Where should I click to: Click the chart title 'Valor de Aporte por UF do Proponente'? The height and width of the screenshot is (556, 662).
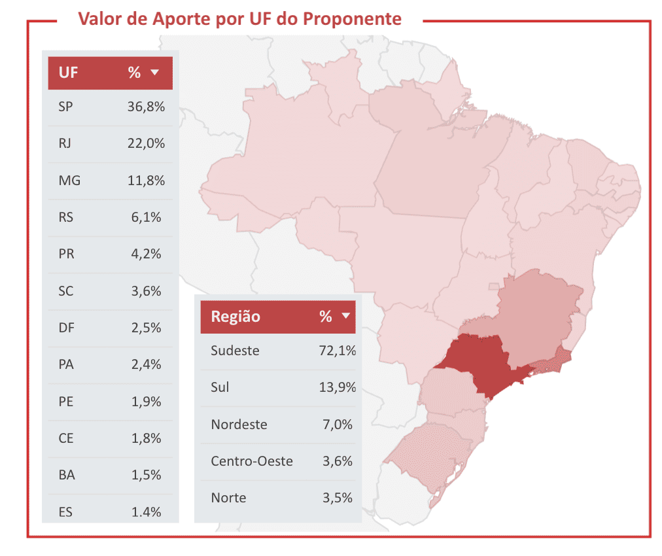click(240, 19)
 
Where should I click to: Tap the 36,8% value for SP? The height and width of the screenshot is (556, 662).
click(146, 107)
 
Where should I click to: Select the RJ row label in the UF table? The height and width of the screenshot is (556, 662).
click(65, 143)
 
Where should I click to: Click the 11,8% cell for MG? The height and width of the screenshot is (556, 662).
click(146, 181)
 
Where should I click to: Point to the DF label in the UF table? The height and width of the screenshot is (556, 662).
click(66, 328)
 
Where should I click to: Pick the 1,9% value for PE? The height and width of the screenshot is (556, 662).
click(146, 402)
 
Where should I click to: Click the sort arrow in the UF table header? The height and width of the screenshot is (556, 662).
click(155, 72)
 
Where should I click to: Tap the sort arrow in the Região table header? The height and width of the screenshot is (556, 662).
click(346, 315)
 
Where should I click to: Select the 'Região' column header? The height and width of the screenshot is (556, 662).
click(235, 317)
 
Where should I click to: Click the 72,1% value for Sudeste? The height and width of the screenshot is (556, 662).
click(338, 351)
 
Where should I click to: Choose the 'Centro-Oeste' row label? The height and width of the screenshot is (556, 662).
click(252, 461)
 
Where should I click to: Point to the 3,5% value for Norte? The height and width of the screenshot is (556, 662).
click(338, 498)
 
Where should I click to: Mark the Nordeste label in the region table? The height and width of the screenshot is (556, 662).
click(239, 425)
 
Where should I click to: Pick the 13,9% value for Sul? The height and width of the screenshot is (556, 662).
click(338, 387)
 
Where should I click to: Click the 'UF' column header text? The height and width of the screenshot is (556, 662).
click(68, 73)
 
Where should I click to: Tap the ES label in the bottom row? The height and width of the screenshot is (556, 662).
click(65, 512)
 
